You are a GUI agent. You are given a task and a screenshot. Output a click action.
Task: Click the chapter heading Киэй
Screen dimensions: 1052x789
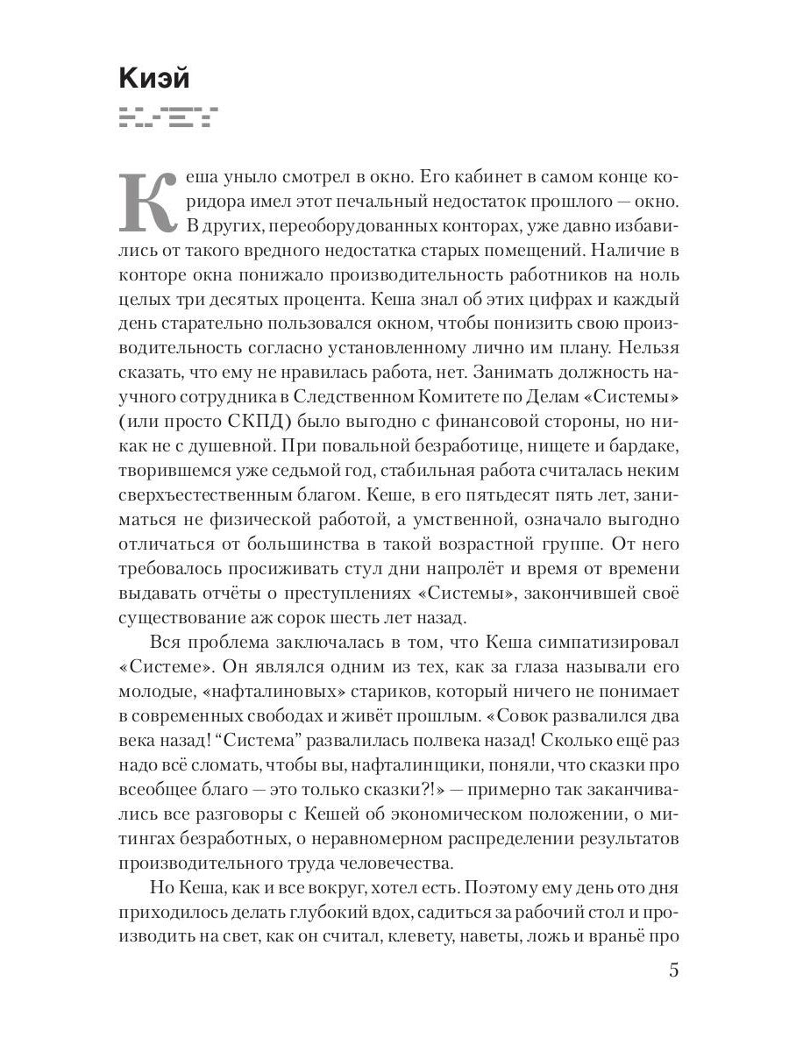pos(153,78)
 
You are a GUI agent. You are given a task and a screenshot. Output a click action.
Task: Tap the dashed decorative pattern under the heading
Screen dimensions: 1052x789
pos(167,115)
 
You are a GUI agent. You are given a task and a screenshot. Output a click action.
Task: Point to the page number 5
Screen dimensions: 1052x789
pos(673,971)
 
